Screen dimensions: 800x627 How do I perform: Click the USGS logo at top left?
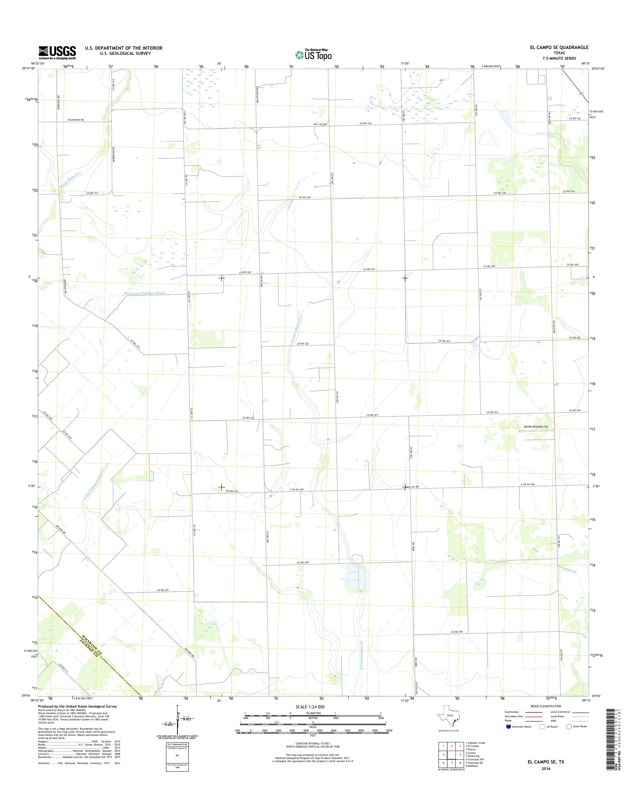(x=57, y=53)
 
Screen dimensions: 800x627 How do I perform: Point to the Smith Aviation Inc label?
(x=536, y=427)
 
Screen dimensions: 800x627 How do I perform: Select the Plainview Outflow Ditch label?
(x=144, y=293)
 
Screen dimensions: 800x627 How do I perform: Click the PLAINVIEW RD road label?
(x=76, y=120)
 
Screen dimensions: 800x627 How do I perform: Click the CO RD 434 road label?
(x=458, y=632)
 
